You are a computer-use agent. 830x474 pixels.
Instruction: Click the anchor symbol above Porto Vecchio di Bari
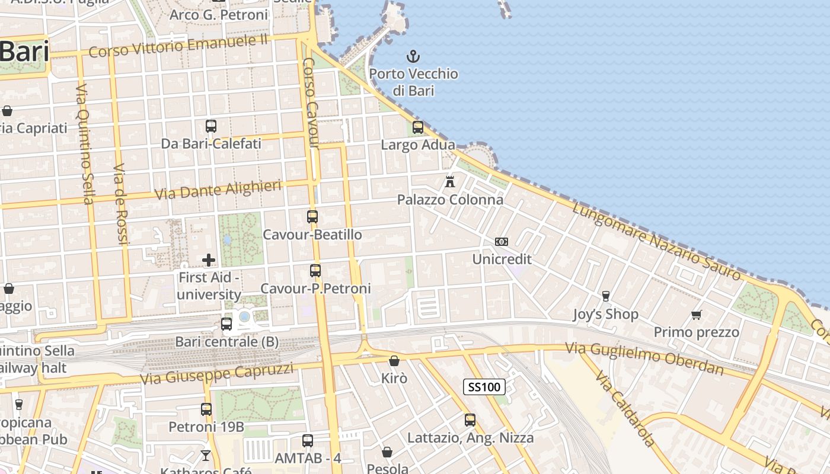tap(413, 56)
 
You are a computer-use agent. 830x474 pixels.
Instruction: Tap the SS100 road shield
tap(484, 387)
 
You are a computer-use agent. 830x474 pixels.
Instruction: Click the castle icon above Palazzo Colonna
tap(450, 181)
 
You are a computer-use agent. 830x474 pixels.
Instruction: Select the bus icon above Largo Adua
tap(418, 127)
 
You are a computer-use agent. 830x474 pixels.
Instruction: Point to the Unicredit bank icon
tap(502, 242)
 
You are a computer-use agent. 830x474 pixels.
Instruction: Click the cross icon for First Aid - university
tap(209, 260)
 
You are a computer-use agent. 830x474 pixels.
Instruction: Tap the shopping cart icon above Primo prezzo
tap(697, 315)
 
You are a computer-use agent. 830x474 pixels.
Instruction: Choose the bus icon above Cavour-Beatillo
tap(312, 217)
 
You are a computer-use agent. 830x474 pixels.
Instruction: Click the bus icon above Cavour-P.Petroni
tap(315, 271)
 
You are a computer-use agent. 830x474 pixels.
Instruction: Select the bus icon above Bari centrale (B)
tap(226, 324)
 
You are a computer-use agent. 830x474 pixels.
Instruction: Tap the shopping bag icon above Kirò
tap(394, 361)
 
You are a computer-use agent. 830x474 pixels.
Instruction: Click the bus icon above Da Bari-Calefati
tap(211, 126)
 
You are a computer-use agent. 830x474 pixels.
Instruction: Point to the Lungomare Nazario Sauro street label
tap(656, 241)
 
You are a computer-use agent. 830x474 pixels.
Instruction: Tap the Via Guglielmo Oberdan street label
tap(644, 358)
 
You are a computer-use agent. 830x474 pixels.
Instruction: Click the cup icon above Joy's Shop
tap(605, 296)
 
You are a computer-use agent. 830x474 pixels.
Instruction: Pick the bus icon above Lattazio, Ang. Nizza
tap(470, 420)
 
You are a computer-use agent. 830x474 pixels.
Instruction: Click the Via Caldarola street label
tap(625, 409)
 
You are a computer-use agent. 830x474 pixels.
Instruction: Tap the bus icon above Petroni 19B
tap(206, 409)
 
